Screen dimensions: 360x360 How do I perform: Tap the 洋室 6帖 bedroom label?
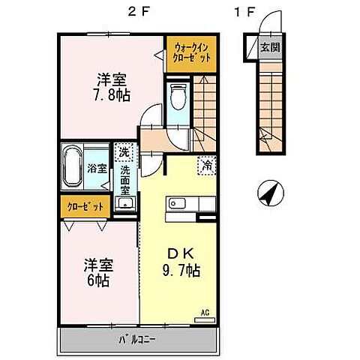click(x=97, y=273)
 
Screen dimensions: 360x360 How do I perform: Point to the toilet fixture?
click(x=178, y=97)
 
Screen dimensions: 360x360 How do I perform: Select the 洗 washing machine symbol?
click(x=124, y=152)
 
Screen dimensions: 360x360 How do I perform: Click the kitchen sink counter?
click(x=190, y=202)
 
